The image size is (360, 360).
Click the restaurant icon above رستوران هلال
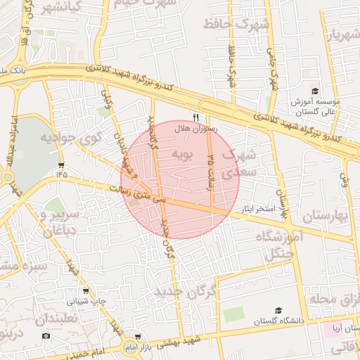[x=196, y=117]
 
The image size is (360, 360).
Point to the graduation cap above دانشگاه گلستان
[x=278, y=310]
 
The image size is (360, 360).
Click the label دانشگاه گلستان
[x=280, y=321]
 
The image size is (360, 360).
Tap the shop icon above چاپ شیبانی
[x=86, y=290]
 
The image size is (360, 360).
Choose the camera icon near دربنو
[x=46, y=335]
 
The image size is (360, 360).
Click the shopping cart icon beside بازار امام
[x=138, y=337]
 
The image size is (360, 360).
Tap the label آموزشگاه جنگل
[x=285, y=246]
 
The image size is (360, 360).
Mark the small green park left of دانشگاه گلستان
[x=234, y=313]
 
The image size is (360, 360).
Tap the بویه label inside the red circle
[x=172, y=154]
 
